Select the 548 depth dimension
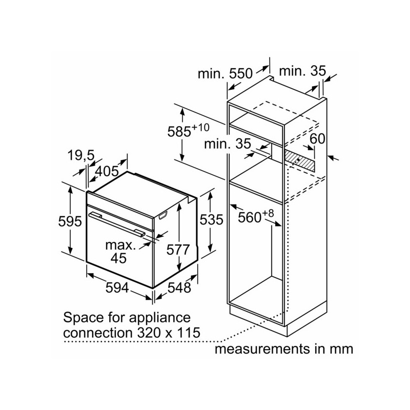(179, 287)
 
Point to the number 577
(179, 250)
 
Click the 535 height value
(212, 220)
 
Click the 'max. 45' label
(120, 251)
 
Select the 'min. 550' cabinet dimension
(225, 73)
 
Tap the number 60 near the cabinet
(318, 138)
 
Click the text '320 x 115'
(169, 332)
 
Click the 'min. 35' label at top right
(302, 71)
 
